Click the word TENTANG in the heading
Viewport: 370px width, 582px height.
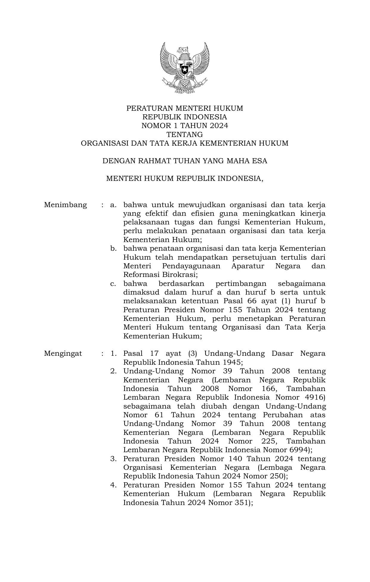pos(185,134)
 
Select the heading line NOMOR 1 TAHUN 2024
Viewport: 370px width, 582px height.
pos(185,126)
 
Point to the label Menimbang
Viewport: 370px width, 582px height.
pos(65,205)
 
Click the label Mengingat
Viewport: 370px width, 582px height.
pos(63,354)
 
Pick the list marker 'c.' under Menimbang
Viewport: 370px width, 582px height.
pos(113,284)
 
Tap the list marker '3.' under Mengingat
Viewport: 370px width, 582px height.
pos(113,459)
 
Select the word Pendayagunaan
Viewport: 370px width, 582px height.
pos(191,266)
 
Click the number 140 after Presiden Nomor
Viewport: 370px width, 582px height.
pos(235,459)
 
